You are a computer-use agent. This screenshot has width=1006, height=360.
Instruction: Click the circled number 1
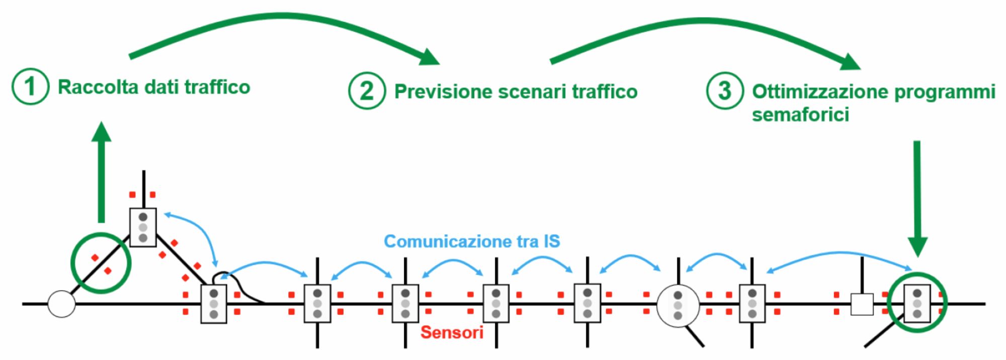point(30,86)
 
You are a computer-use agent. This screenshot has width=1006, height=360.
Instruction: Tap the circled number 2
point(367,91)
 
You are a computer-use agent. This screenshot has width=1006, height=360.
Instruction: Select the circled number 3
point(724,91)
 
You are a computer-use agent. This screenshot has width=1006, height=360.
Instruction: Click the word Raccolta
point(98,87)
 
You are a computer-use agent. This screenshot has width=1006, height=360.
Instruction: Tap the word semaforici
point(800,115)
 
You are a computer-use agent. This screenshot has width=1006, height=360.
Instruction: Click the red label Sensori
point(452,332)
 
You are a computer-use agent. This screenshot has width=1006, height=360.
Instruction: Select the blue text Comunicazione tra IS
point(471,241)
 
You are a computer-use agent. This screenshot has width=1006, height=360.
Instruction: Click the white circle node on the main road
point(61,304)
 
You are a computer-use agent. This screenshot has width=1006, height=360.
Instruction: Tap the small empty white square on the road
point(862,304)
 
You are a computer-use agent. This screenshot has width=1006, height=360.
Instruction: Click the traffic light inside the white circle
point(678,305)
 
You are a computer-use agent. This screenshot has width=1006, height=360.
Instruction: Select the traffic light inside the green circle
point(916,303)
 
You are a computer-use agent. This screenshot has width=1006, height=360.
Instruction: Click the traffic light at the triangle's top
point(143,227)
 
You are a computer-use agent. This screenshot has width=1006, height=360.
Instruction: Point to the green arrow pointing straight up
point(102,171)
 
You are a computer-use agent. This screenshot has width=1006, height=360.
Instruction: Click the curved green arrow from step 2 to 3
point(704,25)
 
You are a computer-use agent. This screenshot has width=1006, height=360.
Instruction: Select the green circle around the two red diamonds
point(101,263)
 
